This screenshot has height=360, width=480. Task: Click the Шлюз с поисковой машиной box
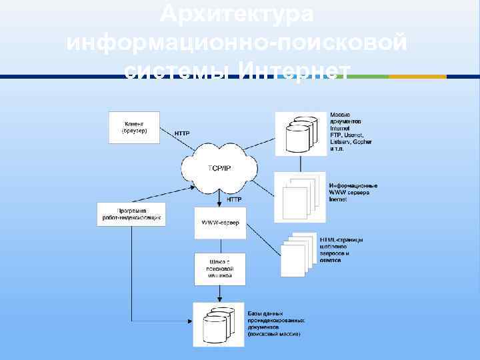(x=219, y=269)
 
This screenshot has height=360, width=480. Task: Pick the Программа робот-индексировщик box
(x=131, y=214)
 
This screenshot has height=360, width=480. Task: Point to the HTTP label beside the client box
(x=182, y=133)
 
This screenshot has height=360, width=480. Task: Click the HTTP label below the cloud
(x=234, y=199)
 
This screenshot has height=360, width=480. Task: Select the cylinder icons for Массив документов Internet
(x=299, y=133)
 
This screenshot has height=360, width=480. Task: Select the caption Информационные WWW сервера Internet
(x=353, y=192)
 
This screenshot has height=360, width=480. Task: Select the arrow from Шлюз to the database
(x=219, y=293)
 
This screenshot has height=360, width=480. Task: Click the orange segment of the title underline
(x=417, y=77)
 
